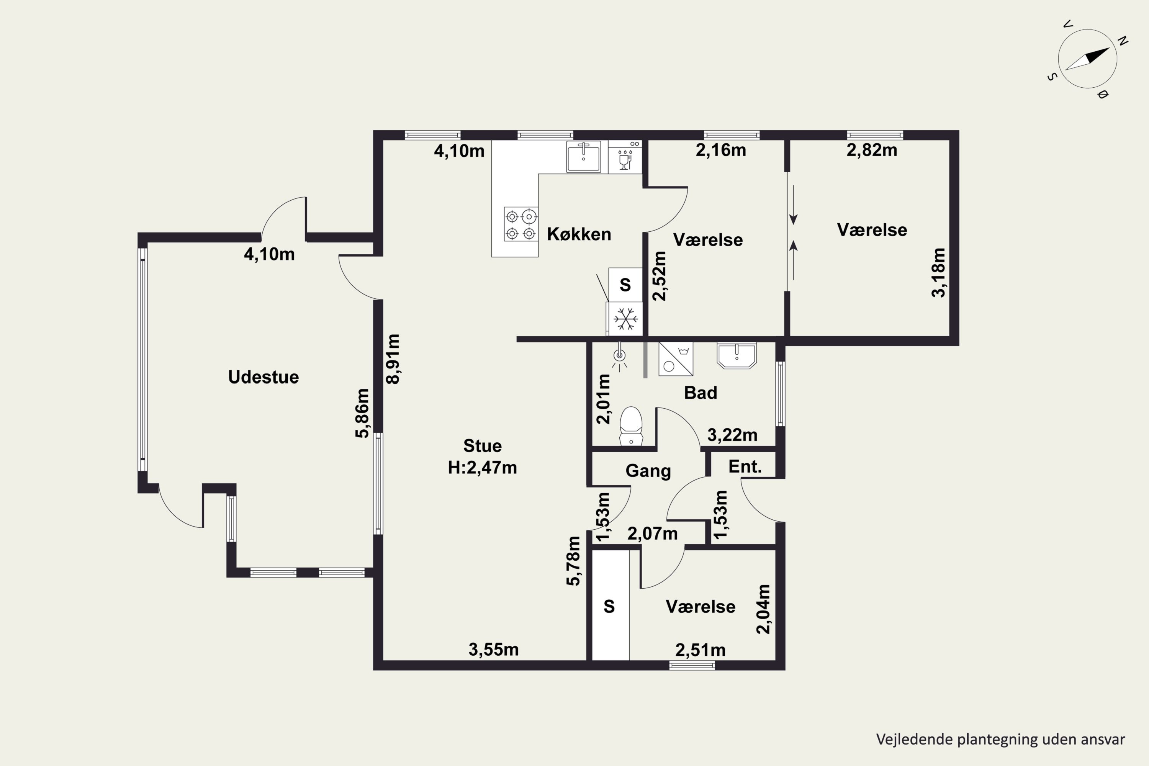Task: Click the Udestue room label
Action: [x=264, y=377]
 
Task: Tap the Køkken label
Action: [x=579, y=234]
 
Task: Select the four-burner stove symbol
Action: [x=521, y=224]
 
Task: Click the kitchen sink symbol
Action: [x=583, y=157]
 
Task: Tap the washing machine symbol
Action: [x=676, y=359]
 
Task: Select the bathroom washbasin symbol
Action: [x=737, y=355]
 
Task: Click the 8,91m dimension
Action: [x=393, y=359]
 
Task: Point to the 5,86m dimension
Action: [x=362, y=413]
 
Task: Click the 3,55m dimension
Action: [x=493, y=649]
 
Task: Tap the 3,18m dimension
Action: [x=938, y=273]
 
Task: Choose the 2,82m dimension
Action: [x=872, y=150]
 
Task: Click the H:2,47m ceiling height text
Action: [x=482, y=468]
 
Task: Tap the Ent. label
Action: [x=745, y=466]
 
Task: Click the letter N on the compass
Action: [x=1123, y=41]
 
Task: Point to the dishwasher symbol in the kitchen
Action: [x=625, y=157]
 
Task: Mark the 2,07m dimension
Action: [x=652, y=534]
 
